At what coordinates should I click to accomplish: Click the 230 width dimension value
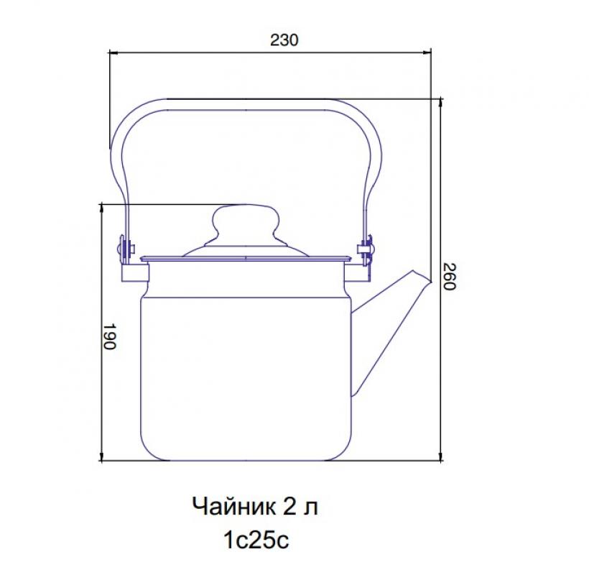point(284,40)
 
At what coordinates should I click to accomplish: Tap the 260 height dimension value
point(449,277)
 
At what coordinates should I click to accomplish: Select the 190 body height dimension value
point(109,336)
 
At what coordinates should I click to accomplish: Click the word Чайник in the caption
point(233,507)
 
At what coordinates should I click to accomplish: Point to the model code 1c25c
point(256,540)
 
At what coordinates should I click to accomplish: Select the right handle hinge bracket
point(366,250)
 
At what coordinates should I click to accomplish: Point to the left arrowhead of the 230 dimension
point(113,53)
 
